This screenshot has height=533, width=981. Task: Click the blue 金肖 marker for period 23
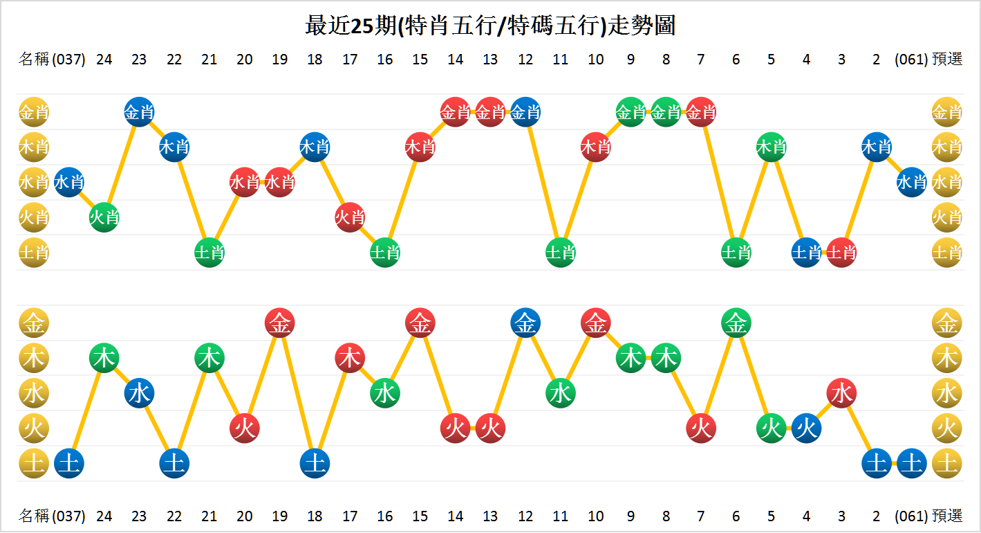pyautogui.click(x=139, y=111)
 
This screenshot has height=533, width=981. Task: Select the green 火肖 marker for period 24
pyautogui.click(x=104, y=217)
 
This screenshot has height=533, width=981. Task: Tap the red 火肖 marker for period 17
pyautogui.click(x=350, y=217)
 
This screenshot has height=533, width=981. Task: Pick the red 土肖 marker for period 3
pyautogui.click(x=841, y=253)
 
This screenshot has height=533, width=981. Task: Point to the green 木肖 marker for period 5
pyautogui.click(x=771, y=147)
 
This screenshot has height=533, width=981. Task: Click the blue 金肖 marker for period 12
pyautogui.click(x=525, y=111)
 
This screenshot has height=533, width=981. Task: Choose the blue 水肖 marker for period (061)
pyautogui.click(x=911, y=182)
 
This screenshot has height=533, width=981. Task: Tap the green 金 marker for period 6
pyautogui.click(x=736, y=323)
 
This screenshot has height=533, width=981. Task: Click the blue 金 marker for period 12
pyautogui.click(x=525, y=323)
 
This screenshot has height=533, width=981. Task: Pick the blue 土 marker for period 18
pyautogui.click(x=315, y=464)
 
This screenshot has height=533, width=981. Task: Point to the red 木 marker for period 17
pyautogui.click(x=350, y=359)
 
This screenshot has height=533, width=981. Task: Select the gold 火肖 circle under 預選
pyautogui.click(x=946, y=217)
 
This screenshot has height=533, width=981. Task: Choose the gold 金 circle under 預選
pyautogui.click(x=946, y=323)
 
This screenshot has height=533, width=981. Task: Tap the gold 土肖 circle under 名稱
pyautogui.click(x=33, y=253)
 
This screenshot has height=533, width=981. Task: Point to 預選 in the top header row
pyautogui.click(x=947, y=60)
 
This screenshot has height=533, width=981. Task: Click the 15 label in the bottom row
pyautogui.click(x=420, y=516)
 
